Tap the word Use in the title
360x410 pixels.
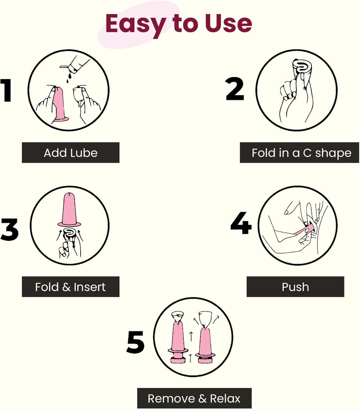point(228,23)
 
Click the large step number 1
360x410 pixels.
point(6,90)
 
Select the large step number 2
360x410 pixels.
point(235,89)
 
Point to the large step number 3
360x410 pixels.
point(10,229)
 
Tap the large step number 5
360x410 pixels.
point(135,342)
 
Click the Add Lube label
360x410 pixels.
point(71,153)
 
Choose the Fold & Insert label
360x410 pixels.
point(71,287)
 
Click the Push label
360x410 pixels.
point(295,287)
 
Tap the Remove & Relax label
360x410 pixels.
point(194,398)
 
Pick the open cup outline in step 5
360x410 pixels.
point(206,320)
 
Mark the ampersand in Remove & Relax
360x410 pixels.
point(202,398)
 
